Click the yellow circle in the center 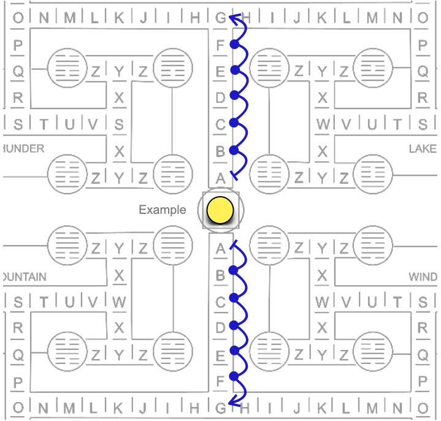point(220,210)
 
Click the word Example point(162,210)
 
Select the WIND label point(423,277)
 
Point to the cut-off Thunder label point(23,149)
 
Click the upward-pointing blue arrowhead point(232,18)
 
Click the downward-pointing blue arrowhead point(232,401)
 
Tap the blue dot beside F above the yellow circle point(234,44)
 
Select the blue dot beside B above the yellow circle point(233,150)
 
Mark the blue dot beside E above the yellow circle point(234,70)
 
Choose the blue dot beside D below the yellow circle point(233,325)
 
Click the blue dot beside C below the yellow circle point(233,298)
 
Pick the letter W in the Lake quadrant point(323,124)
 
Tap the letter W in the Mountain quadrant point(119,302)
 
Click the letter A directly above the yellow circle point(220,178)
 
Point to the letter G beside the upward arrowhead point(220,18)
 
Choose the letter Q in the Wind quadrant point(423,354)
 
